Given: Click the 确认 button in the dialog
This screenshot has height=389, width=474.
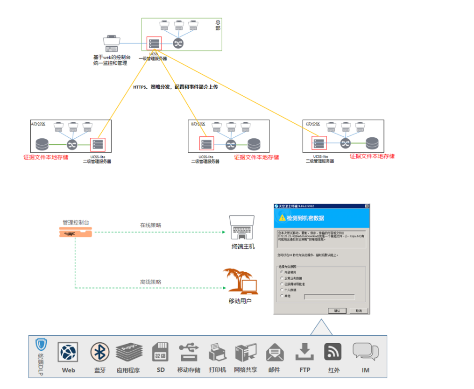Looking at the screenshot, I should (337, 311).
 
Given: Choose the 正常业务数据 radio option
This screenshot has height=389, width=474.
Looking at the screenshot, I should (281, 278).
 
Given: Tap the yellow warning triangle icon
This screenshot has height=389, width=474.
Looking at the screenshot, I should (282, 218).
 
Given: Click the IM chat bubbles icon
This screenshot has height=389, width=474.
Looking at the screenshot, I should (365, 351).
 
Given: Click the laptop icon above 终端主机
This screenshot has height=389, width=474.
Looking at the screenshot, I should (242, 226).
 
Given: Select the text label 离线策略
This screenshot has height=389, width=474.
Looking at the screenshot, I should (151, 282).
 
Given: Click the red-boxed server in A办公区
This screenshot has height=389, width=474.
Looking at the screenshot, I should (98, 144).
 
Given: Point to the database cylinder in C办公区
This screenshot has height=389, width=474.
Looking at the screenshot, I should (372, 143).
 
